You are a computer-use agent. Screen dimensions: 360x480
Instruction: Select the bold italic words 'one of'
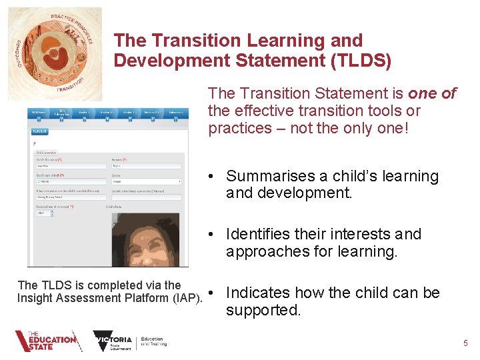coord(432,93)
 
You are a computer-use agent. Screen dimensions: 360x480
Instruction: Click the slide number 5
coord(465,343)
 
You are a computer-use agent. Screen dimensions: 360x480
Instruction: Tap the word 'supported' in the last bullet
coord(262,310)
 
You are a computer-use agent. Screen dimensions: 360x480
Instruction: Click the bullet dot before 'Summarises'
coord(210,177)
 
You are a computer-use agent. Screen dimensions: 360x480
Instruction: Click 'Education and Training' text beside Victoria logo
coord(153,342)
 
